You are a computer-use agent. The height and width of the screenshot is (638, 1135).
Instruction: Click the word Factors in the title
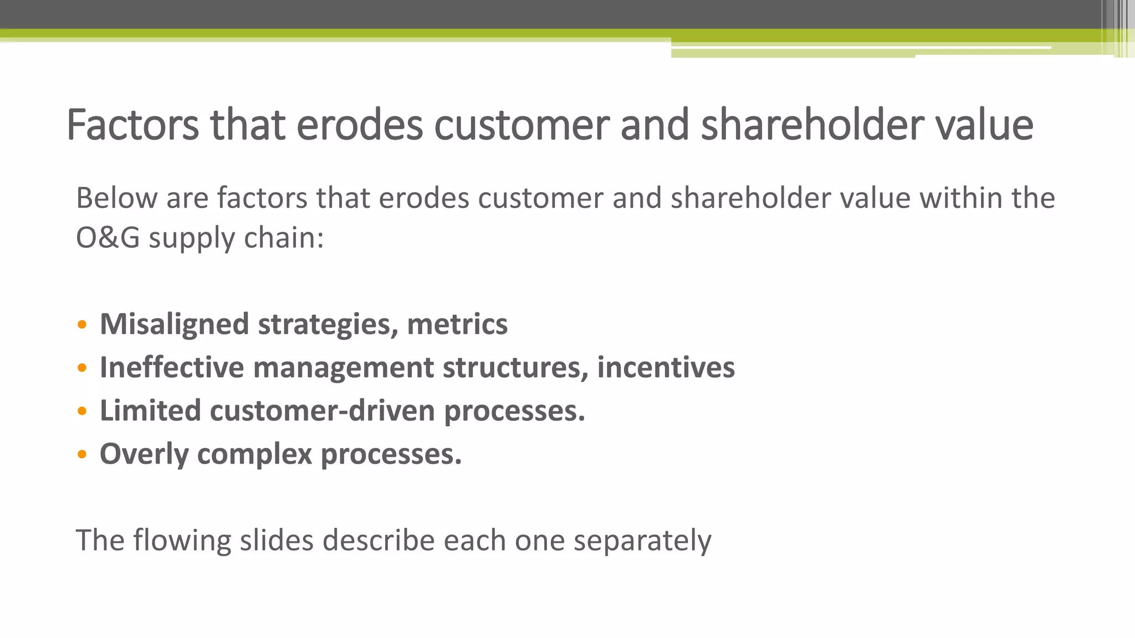coord(132,125)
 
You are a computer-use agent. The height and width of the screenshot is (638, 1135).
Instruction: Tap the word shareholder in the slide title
coord(812,125)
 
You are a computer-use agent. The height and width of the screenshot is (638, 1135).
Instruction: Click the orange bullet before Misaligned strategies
coord(82,325)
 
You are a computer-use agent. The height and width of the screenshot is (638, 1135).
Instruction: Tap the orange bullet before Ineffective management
coord(82,368)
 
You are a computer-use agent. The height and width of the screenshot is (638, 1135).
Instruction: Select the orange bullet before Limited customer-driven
coord(82,411)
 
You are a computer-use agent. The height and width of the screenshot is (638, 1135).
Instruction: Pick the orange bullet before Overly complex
coord(82,455)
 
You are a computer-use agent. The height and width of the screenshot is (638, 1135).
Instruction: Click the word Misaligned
coord(174,325)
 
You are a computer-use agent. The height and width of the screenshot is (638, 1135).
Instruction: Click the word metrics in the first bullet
coord(457,325)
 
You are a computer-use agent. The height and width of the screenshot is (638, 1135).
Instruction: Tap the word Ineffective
coord(172,368)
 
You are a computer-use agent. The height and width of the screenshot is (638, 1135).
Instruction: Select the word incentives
coord(666,368)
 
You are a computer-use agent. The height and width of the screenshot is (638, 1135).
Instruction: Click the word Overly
coord(144,455)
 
